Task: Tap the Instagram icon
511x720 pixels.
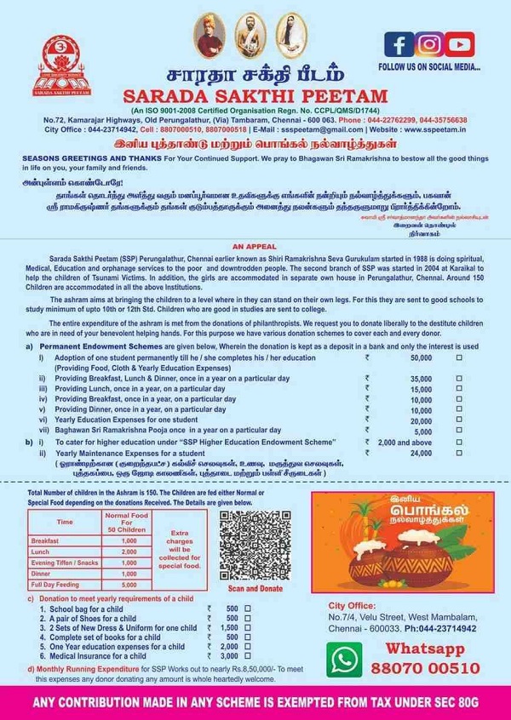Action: click(431, 43)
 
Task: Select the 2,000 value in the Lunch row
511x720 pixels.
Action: click(129, 551)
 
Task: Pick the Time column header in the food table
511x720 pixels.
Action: click(65, 522)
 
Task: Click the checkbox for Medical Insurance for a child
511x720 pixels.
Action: click(248, 656)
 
